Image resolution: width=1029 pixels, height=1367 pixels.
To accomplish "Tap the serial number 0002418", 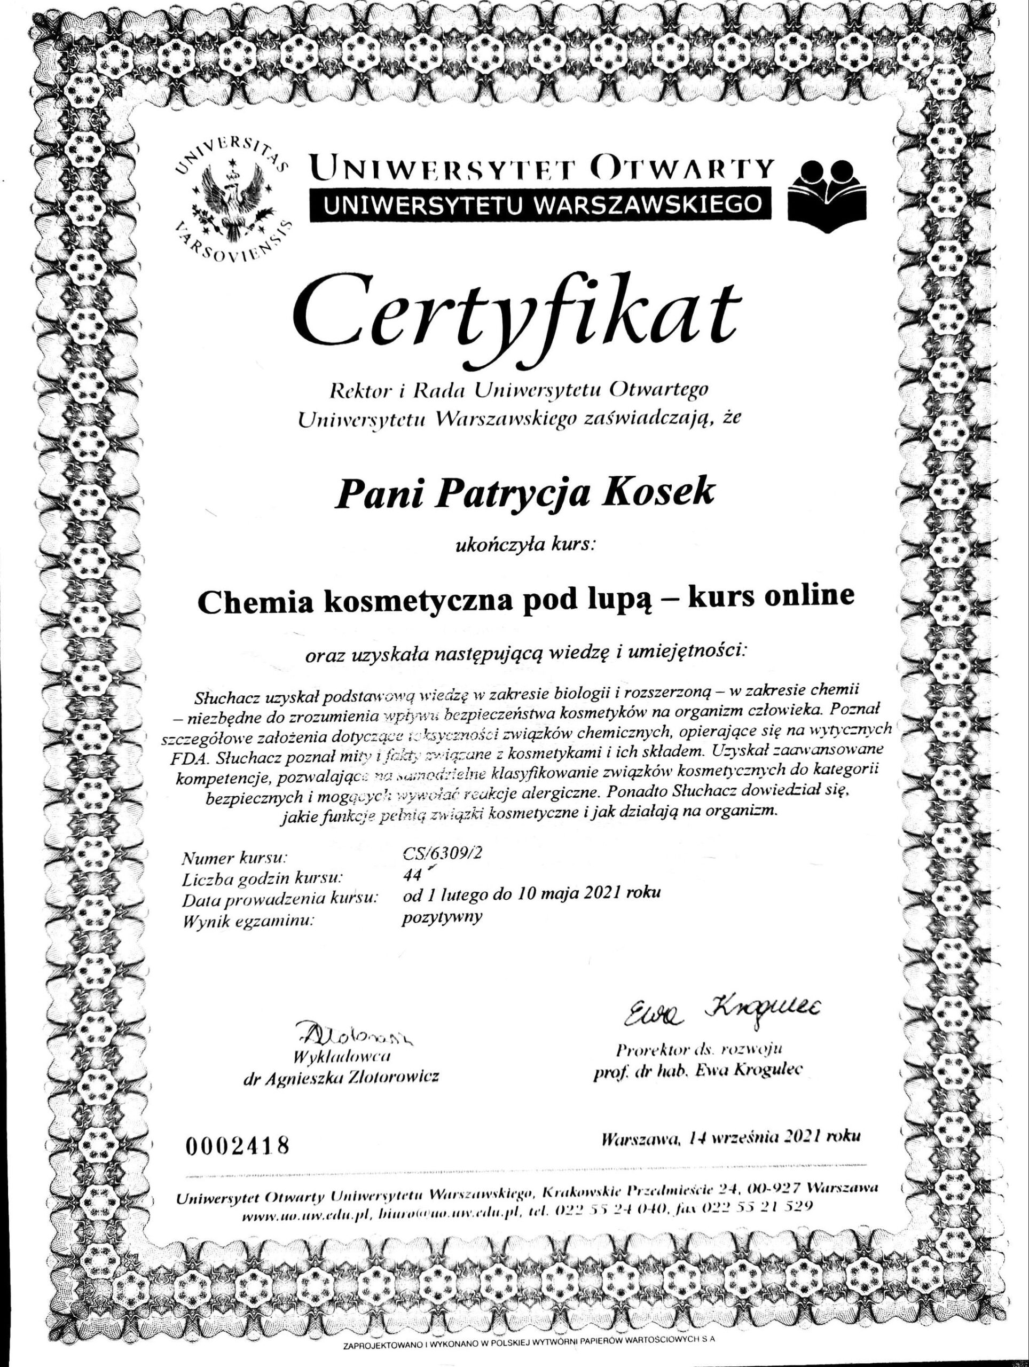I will tap(238, 1144).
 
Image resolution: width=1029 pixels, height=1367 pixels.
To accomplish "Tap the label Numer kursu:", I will tap(235, 858).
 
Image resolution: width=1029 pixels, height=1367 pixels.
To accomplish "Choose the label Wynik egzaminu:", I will tap(245, 922).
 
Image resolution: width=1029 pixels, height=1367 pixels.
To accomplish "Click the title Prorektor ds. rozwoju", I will tap(700, 1049).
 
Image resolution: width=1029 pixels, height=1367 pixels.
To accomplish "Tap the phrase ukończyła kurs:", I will tap(525, 545).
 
